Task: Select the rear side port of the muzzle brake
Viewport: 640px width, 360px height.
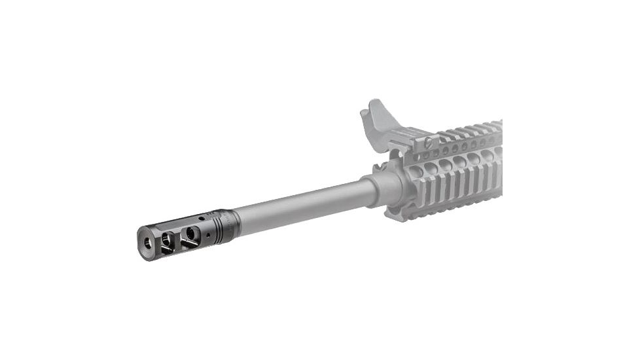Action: coord(190,234)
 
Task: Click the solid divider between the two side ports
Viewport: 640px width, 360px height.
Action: coord(177,237)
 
